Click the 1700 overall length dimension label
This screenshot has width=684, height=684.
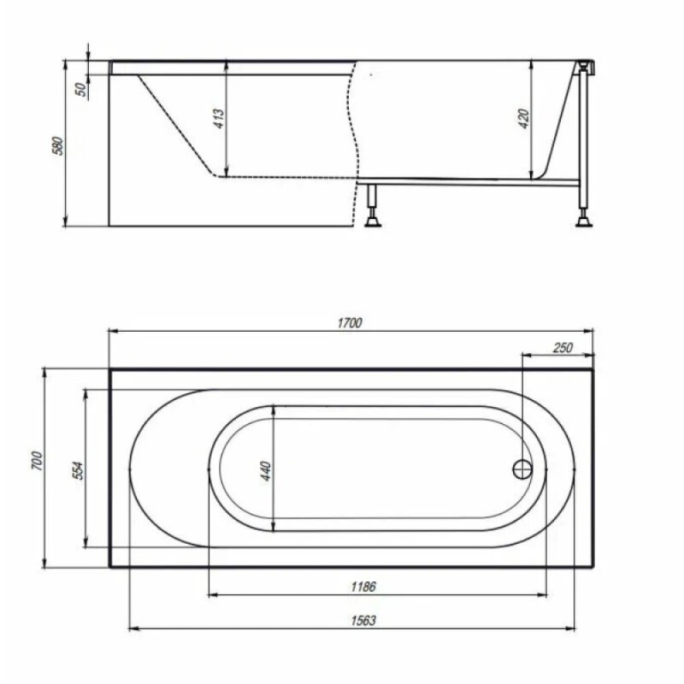pyautogui.click(x=350, y=323)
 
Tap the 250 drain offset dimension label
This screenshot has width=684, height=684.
pyautogui.click(x=563, y=348)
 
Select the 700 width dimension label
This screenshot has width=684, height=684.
pyautogui.click(x=37, y=461)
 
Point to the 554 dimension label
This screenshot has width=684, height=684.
pyautogui.click(x=77, y=470)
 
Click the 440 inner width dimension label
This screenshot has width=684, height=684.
pyautogui.click(x=265, y=471)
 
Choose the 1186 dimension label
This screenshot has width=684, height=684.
pyautogui.click(x=363, y=587)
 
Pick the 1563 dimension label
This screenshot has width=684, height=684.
pyautogui.click(x=363, y=621)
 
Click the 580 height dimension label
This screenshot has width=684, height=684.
pyautogui.click(x=57, y=146)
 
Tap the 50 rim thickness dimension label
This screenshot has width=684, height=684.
pyautogui.click(x=81, y=90)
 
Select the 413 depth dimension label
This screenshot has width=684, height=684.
pyautogui.click(x=219, y=118)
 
